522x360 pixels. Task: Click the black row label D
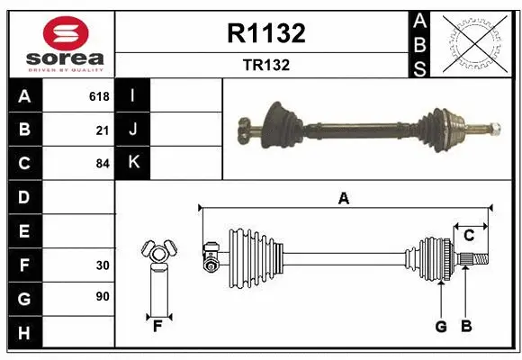[x=23, y=197]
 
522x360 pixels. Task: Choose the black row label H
[x=23, y=333]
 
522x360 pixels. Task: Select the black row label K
[x=133, y=164]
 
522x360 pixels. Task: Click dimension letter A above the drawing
[x=343, y=199]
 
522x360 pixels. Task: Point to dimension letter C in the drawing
[x=469, y=235]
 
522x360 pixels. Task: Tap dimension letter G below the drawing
[x=441, y=327]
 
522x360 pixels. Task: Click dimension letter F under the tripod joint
[x=157, y=327]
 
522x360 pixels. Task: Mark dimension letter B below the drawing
[x=466, y=327]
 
